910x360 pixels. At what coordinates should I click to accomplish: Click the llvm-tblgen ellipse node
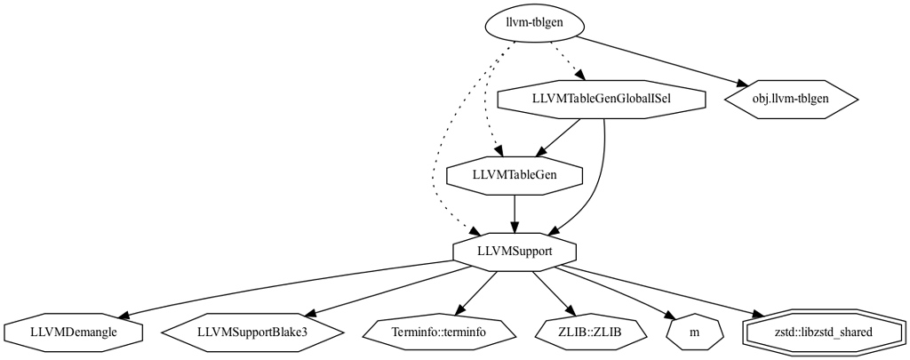point(533,23)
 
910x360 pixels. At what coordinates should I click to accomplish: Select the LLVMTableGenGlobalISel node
point(601,99)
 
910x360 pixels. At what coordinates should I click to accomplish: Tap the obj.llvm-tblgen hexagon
point(790,99)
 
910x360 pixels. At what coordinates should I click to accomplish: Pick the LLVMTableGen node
point(515,174)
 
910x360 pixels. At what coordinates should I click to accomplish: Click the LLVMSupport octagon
point(515,252)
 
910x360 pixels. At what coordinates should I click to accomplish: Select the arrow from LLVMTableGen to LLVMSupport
point(515,213)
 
